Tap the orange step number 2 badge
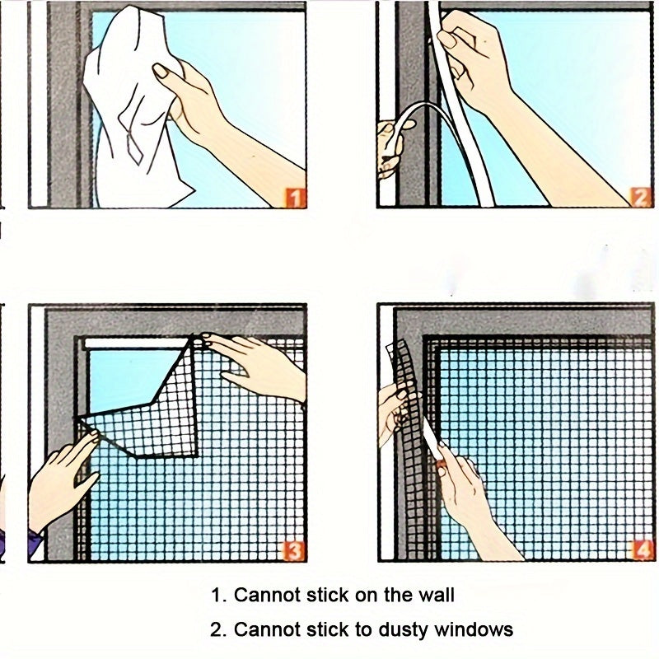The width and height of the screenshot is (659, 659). pos(641,196)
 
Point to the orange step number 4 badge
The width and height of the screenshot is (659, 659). pos(641,549)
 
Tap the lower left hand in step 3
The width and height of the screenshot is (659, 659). pos(62,478)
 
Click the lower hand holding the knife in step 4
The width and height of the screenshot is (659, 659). pos(465,494)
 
